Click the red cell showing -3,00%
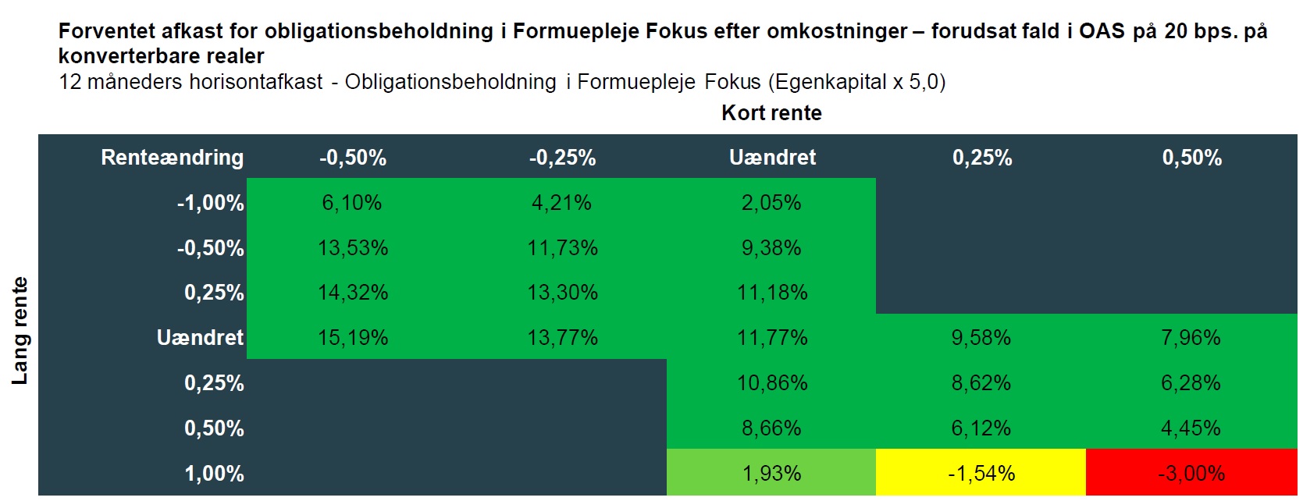[1191, 473]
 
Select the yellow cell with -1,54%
[981, 473]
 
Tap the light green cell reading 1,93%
[771, 473]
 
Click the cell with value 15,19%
[353, 338]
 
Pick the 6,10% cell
[352, 203]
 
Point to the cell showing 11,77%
[771, 338]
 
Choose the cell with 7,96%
[1191, 338]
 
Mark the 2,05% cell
[771, 203]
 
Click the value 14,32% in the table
[353, 293]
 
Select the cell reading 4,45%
[1191, 428]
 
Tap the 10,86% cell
[771, 383]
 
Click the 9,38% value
[771, 248]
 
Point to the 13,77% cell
[562, 338]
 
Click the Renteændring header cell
[172, 158]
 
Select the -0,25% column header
[562, 158]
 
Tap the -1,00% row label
[210, 203]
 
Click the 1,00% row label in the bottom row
[214, 474]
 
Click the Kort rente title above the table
[771, 113]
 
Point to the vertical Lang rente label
[20, 331]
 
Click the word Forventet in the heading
[106, 31]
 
